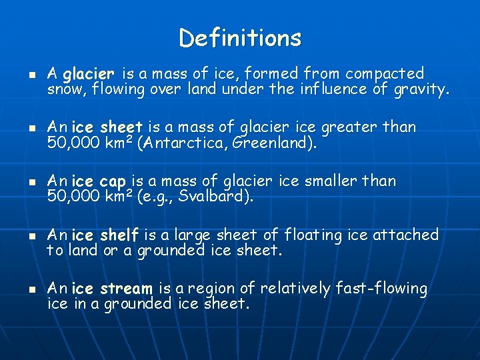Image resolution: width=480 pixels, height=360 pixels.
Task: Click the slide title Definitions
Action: [x=240, y=37]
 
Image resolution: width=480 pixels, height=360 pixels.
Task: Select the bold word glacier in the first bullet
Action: [x=89, y=73]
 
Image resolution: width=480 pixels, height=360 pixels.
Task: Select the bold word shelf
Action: [x=119, y=235]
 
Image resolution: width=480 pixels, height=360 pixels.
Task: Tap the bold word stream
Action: [x=126, y=289]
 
